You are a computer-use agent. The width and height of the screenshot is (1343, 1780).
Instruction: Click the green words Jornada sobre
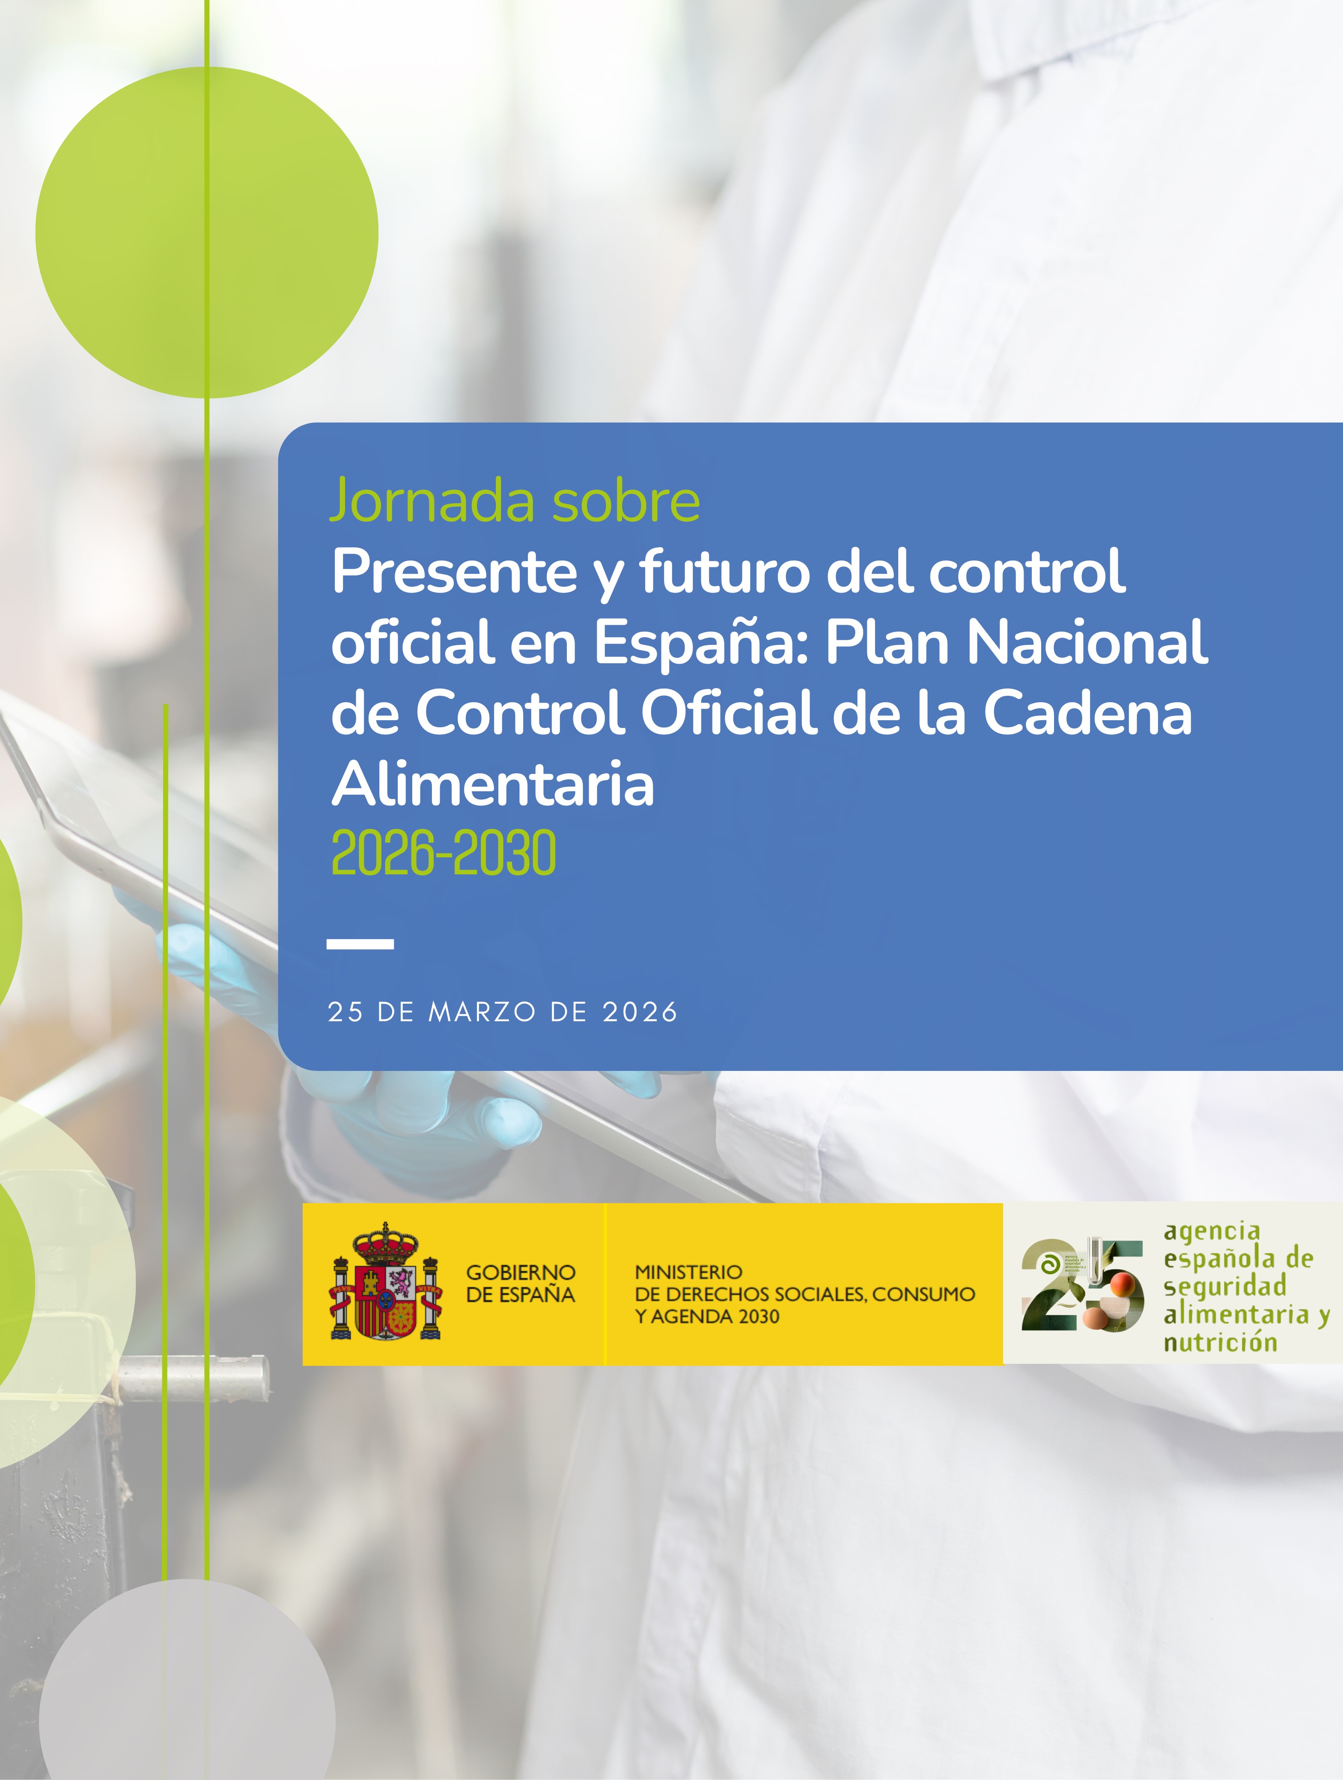tap(515, 501)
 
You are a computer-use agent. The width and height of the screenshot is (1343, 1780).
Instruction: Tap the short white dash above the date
tap(360, 944)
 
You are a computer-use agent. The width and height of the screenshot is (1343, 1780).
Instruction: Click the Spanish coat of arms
tap(385, 1283)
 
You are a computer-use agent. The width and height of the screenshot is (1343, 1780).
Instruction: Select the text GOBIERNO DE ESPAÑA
tap(521, 1283)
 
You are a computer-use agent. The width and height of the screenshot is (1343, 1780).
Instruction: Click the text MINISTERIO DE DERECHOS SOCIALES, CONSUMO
tap(805, 1283)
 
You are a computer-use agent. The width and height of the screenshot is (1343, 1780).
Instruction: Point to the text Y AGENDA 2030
tap(707, 1317)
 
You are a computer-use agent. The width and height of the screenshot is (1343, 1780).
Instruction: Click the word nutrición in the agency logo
tap(1220, 1342)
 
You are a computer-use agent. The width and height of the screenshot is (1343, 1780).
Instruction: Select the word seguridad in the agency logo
tap(1225, 1286)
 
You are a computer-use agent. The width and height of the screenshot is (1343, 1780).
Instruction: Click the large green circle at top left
tap(207, 233)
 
